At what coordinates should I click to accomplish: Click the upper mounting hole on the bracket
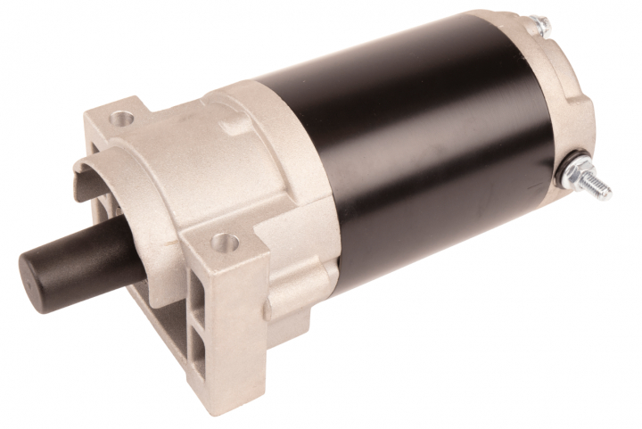pos(123,117)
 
